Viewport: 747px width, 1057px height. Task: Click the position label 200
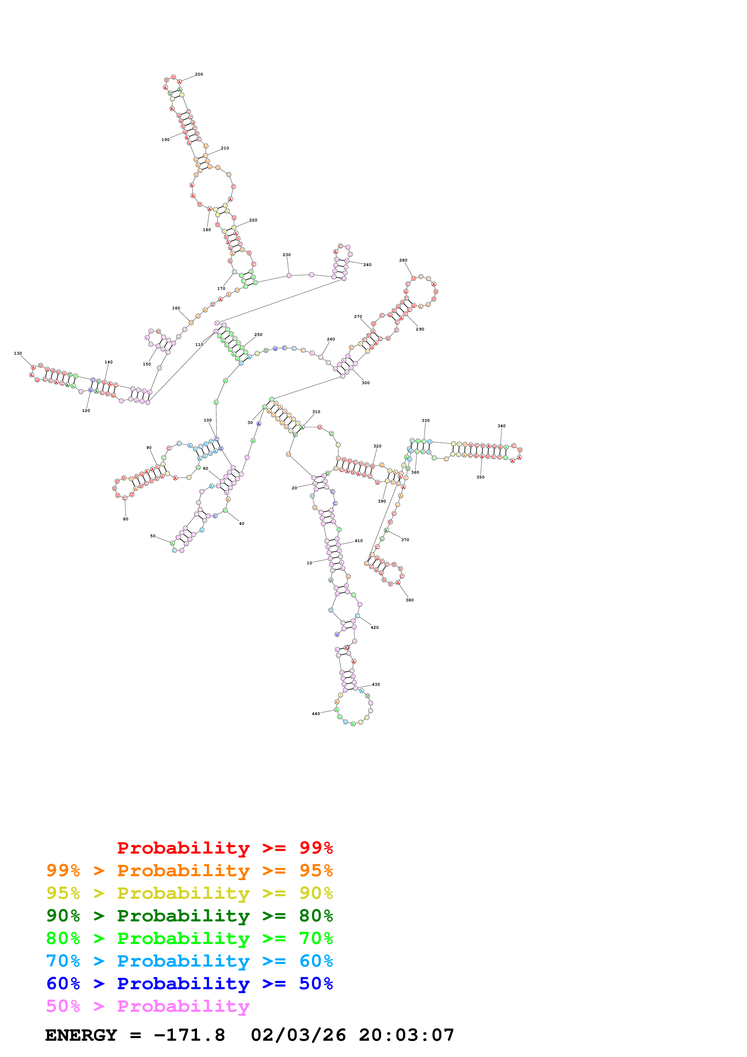coord(199,74)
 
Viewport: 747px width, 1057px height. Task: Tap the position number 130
coord(18,353)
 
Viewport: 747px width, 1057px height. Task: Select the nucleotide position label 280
coord(403,260)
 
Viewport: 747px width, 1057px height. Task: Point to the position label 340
coord(501,426)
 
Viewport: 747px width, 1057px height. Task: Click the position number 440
coord(316,714)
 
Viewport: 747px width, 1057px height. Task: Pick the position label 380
coord(410,600)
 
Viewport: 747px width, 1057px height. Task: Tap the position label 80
coord(126,519)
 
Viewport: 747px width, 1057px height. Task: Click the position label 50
coord(153,536)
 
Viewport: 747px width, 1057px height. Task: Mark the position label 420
coord(375,627)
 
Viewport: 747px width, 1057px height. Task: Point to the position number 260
coord(331,339)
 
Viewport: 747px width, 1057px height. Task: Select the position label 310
coord(316,412)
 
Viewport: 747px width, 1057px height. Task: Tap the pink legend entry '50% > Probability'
coord(148,1006)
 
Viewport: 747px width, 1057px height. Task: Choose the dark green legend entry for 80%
coord(189,916)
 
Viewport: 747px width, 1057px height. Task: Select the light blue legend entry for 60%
coord(189,961)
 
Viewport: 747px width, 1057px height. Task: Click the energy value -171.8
coord(189,1035)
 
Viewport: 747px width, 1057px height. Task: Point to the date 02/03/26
coord(298,1035)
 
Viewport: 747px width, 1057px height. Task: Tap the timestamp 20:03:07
coord(406,1035)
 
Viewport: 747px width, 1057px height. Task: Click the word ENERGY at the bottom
coord(81,1035)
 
